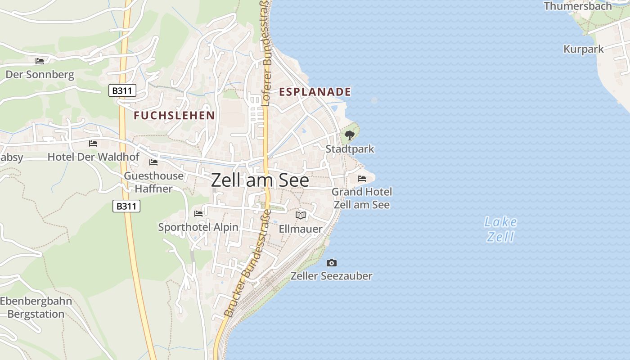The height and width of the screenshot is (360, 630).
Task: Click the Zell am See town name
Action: tap(260, 180)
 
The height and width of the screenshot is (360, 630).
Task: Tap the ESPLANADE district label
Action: tap(315, 92)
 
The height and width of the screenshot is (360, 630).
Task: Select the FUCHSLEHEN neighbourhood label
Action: tap(174, 116)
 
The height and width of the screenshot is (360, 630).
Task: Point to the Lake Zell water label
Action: tap(500, 229)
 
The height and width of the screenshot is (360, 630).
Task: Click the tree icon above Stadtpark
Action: tap(349, 135)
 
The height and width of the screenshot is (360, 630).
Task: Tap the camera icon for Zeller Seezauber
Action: tap(332, 263)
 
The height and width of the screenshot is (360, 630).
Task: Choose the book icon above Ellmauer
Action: tap(301, 216)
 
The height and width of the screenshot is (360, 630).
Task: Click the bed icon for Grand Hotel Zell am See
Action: tap(362, 179)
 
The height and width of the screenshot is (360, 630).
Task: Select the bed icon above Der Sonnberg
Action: tap(40, 61)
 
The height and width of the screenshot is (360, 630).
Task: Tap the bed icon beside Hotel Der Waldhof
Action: tap(93, 144)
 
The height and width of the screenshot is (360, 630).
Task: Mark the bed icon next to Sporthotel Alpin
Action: tap(198, 213)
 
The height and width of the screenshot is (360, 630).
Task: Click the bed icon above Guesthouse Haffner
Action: tap(153, 162)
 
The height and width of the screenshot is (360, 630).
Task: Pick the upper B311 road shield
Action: tap(122, 91)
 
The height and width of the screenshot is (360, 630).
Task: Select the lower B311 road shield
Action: tap(126, 207)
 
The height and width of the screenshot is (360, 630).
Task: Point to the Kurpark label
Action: tap(584, 49)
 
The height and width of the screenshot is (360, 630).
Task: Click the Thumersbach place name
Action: tap(578, 6)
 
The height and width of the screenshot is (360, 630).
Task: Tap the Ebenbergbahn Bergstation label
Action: tap(36, 307)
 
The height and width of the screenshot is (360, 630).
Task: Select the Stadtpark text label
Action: tap(350, 149)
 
